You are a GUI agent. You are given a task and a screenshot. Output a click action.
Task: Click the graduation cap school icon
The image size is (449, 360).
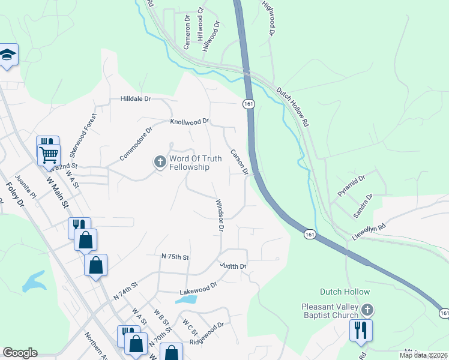pos(7,55)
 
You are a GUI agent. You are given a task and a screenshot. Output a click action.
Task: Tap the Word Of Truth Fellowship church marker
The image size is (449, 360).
pos(160,162)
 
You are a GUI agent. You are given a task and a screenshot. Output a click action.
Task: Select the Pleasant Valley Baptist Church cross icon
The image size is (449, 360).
pos(368,310)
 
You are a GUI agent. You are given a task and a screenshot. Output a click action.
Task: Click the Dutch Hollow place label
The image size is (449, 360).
pos(345,292)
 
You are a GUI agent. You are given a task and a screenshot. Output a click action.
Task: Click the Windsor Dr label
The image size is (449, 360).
pos(219,216)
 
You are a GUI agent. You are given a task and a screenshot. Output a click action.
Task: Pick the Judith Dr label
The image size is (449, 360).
pos(234,266)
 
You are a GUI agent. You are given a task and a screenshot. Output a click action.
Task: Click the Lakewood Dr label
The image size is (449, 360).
pos(197,289)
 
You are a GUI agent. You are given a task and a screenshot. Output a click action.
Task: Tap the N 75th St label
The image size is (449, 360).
pos(175,257)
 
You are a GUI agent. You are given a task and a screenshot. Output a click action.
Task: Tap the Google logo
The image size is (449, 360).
pos(20,353)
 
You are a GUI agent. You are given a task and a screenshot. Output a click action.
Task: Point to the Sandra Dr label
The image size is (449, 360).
pos(363,205)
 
